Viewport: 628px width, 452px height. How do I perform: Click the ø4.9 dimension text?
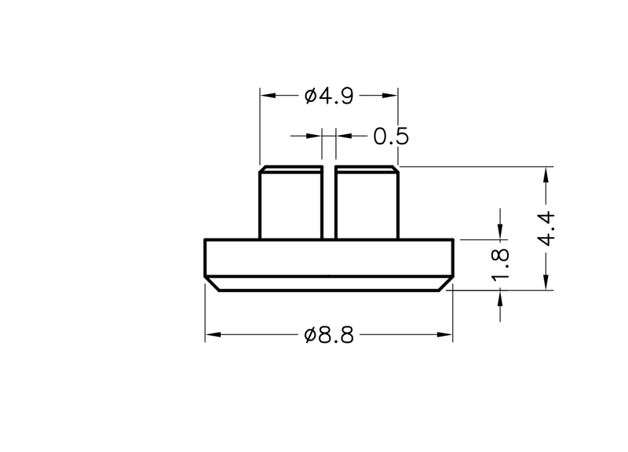(329, 96)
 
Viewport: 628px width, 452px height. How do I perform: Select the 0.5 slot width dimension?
(391, 136)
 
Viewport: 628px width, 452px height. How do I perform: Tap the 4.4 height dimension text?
(546, 228)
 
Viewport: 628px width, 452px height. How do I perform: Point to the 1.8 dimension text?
(500, 264)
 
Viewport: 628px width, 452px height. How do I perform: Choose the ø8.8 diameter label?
(329, 335)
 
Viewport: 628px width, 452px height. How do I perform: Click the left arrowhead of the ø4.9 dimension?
(268, 95)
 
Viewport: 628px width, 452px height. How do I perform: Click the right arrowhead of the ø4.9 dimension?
(389, 95)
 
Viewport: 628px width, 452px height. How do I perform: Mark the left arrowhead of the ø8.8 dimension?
(213, 334)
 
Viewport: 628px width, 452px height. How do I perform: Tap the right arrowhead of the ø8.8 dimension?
(444, 334)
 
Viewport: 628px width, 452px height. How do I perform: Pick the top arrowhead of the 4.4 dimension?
(546, 175)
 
